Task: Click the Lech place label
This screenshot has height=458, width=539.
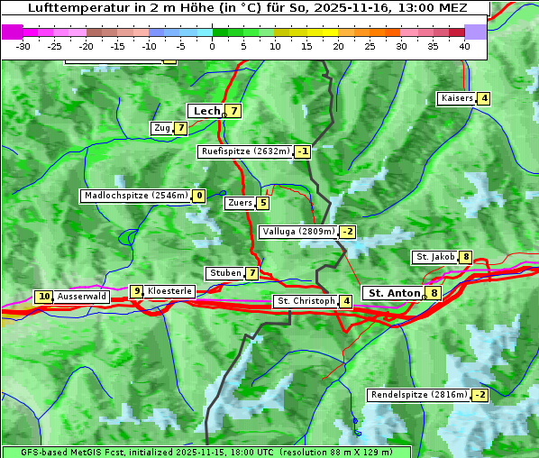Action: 206,111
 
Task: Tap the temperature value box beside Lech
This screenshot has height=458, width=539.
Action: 233,111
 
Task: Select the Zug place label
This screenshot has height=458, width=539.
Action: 162,128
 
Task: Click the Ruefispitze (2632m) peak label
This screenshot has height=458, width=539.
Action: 245,151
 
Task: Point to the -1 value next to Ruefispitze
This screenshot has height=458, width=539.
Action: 302,151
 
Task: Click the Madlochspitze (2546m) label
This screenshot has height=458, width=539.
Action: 136,196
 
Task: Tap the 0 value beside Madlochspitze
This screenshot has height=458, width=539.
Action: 198,196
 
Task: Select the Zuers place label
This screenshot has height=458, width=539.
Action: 240,203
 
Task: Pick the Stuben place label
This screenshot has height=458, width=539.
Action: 224,273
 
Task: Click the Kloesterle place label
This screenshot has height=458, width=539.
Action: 169,291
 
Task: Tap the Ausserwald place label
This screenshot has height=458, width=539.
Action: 82,297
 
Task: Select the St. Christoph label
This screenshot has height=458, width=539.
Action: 306,300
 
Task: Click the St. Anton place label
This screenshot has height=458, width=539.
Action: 394,293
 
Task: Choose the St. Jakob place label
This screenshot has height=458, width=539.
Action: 435,257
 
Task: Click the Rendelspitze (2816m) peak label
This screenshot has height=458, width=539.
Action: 420,395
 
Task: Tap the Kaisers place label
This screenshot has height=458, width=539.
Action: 456,98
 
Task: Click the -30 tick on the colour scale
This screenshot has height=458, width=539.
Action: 23,45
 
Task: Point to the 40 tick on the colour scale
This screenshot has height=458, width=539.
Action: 464,45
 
